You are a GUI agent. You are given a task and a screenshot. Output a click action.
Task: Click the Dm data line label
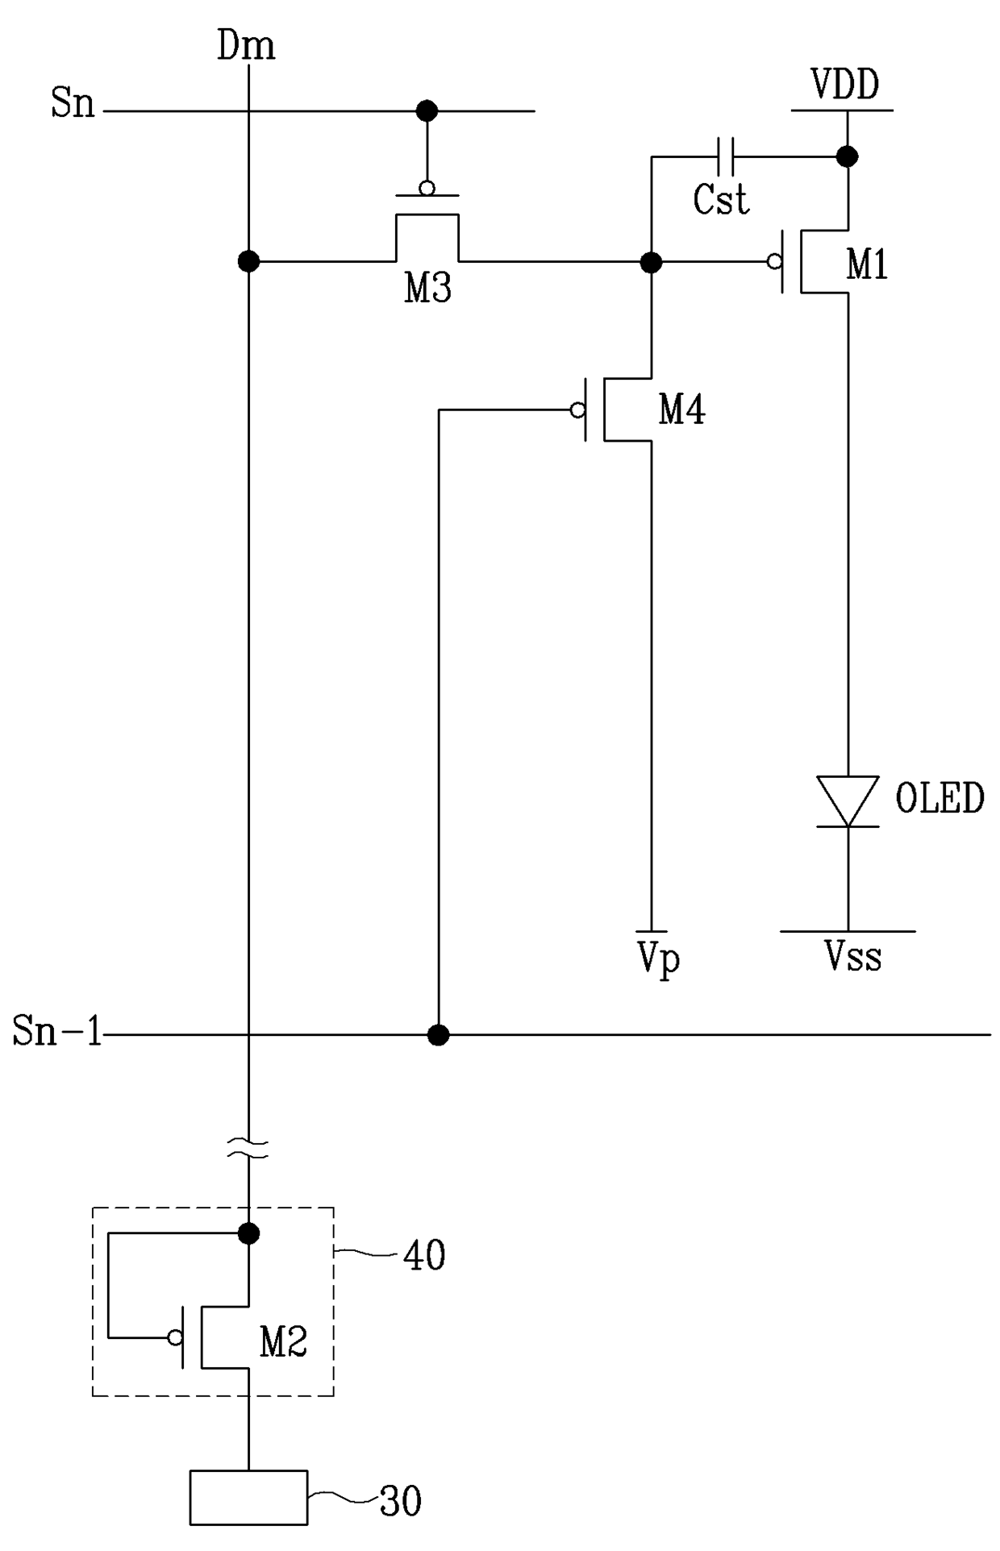pyautogui.click(x=246, y=46)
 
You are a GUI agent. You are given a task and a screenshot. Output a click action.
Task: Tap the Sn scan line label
pyautogui.click(x=73, y=104)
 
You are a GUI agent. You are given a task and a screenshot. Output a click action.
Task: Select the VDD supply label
pyautogui.click(x=844, y=84)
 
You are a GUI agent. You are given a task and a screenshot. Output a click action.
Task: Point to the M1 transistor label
pyautogui.click(x=867, y=264)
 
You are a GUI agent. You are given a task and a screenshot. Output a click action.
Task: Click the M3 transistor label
pyautogui.click(x=427, y=288)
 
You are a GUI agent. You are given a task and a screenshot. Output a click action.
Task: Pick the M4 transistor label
pyautogui.click(x=682, y=410)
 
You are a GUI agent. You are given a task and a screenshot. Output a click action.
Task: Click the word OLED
pyautogui.click(x=940, y=798)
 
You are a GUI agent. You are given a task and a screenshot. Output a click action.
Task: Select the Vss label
pyautogui.click(x=852, y=957)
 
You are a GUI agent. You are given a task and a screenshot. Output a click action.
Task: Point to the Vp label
pyautogui.click(x=659, y=959)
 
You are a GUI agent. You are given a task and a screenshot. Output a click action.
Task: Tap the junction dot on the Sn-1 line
pyautogui.click(x=438, y=1034)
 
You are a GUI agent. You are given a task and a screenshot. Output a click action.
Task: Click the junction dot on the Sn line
pyautogui.click(x=427, y=110)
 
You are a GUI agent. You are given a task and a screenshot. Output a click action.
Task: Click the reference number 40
pyautogui.click(x=424, y=1255)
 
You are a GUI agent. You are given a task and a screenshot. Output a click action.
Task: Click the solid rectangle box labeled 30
pyautogui.click(x=248, y=1498)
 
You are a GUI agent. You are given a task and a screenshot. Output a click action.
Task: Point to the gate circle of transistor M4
pyautogui.click(x=577, y=410)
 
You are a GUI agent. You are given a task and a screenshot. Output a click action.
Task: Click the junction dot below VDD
pyautogui.click(x=847, y=156)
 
